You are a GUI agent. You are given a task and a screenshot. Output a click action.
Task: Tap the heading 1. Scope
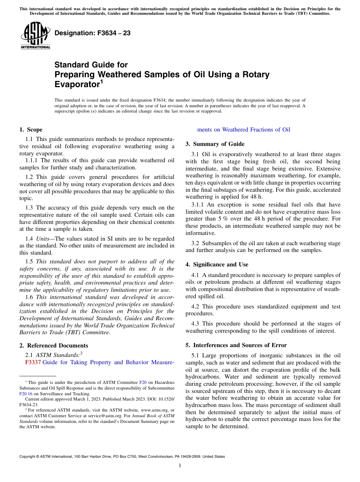(31, 130)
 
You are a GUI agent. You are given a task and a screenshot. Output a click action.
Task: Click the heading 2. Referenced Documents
(53, 346)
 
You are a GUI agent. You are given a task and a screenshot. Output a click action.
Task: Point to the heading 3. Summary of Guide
(215, 144)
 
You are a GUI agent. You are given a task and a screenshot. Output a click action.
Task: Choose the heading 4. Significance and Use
(217, 264)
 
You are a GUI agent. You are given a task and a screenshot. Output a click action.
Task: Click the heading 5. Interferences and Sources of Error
(236, 345)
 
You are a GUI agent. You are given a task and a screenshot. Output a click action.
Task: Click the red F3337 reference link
(33, 362)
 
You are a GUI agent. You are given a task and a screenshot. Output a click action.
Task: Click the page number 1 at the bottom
(180, 465)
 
